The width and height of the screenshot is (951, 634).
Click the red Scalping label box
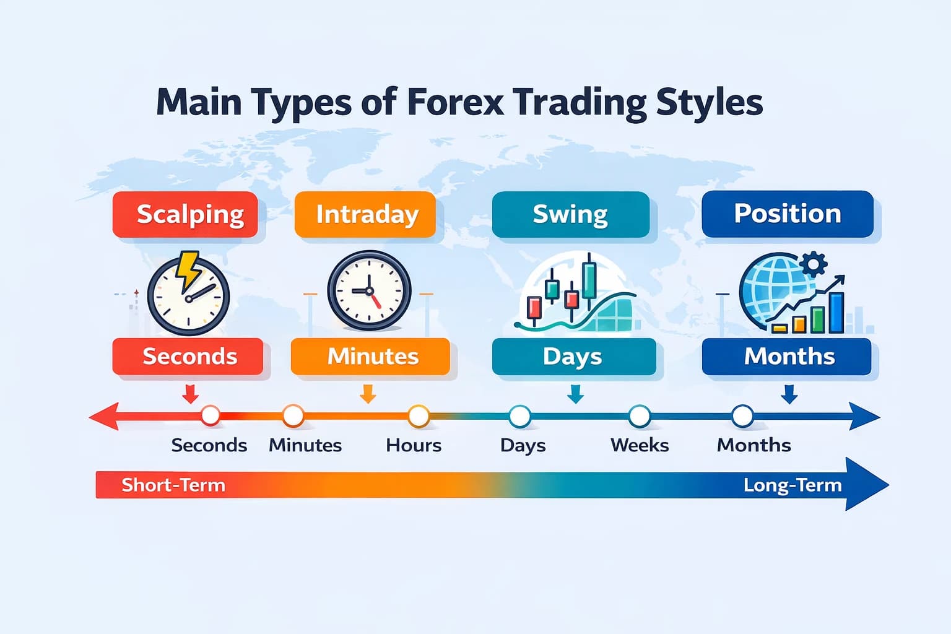pos(185,214)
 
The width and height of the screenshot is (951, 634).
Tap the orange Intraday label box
pos(365,214)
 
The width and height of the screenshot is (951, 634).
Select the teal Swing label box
pos(570,214)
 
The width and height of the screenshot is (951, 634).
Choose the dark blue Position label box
pos(787,214)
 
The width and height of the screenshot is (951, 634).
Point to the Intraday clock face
pos(369,290)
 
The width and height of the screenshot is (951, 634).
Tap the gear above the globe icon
pos(814,264)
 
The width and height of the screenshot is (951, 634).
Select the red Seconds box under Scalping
pos(188,356)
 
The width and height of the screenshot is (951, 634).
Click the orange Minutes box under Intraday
pos(370,356)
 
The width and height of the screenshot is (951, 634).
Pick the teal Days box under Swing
pos(573,356)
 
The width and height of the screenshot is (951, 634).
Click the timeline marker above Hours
pos(419,416)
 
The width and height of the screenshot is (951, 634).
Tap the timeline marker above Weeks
pos(639,416)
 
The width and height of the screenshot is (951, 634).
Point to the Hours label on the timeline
pos(414,445)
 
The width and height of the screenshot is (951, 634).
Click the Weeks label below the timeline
pos(640,445)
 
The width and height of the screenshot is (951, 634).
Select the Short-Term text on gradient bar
pos(173,485)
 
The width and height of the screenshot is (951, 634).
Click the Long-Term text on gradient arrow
pos(792,485)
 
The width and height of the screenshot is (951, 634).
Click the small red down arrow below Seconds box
pos(191,394)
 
